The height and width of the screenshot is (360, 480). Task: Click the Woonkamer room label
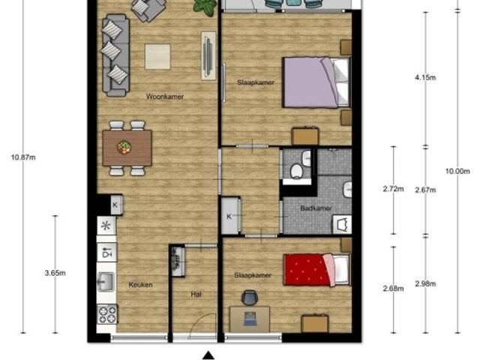(165, 97)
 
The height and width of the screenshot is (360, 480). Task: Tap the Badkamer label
(316, 208)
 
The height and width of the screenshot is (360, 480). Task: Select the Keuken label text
(140, 285)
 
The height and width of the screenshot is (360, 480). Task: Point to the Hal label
(196, 295)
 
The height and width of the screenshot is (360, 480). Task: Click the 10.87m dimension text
(23, 157)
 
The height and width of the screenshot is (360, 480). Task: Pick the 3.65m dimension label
(55, 273)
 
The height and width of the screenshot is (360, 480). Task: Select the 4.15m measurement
(425, 78)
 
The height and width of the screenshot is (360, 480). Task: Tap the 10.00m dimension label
(457, 172)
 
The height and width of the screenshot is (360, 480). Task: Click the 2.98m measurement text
(425, 284)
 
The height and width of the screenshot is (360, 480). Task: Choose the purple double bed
(316, 82)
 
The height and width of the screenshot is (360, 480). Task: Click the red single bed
(316, 270)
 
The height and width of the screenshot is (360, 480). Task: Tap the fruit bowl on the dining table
(124, 147)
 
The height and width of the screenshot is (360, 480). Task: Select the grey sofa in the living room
(115, 55)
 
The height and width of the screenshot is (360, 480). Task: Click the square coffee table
(157, 57)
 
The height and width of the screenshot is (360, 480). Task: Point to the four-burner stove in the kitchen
(107, 314)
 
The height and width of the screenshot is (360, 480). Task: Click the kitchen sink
(106, 282)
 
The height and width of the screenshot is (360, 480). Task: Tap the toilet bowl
(296, 171)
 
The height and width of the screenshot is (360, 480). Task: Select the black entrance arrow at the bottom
(208, 355)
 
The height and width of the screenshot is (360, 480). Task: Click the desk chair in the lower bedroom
(250, 297)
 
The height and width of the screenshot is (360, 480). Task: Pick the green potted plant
(205, 7)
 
